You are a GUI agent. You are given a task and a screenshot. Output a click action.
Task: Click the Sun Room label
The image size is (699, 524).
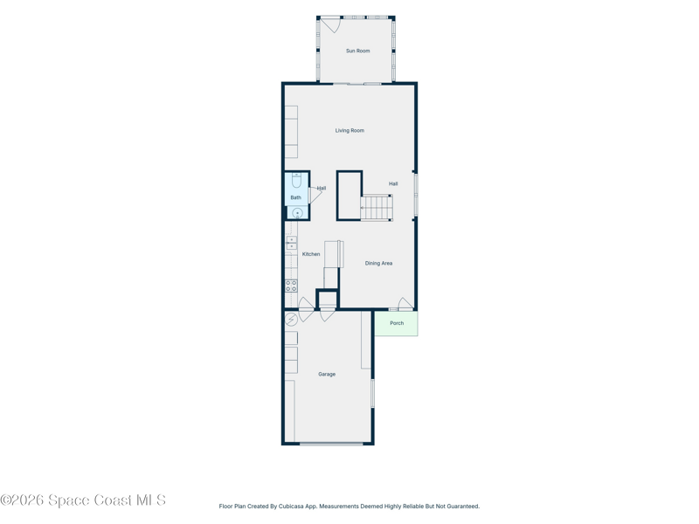tap(357, 51)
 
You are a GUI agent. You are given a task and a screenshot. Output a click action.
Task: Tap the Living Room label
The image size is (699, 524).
tap(349, 130)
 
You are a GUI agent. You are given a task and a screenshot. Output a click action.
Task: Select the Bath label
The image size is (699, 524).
tap(295, 197)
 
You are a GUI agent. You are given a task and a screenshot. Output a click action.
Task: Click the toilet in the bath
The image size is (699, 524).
tap(297, 181)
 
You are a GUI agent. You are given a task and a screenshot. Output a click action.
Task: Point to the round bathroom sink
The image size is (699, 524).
tap(297, 213)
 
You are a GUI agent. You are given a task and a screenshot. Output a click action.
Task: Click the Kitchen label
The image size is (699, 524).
tap(311, 254)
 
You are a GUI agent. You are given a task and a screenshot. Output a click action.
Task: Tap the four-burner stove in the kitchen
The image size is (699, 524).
tap(291, 286)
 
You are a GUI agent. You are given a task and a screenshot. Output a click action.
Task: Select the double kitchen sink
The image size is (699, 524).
tap(291, 244)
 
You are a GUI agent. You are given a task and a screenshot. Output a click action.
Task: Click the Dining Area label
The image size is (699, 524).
tap(378, 264)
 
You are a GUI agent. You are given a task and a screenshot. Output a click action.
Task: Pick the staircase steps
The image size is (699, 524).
tap(377, 208)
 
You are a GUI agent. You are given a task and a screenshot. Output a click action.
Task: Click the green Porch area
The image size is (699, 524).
tap(397, 323)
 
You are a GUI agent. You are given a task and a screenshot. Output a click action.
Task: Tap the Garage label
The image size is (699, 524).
tap(327, 375)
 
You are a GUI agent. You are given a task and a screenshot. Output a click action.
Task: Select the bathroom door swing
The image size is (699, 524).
tap(315, 196)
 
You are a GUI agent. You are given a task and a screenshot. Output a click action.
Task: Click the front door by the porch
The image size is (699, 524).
tap(405, 304)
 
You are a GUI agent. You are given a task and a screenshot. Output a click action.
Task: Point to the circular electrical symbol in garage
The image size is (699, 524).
tap(291, 320)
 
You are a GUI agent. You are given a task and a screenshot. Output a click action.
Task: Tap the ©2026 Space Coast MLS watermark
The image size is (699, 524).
tap(83, 500)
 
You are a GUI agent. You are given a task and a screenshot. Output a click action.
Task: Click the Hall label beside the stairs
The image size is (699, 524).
tap(392, 183)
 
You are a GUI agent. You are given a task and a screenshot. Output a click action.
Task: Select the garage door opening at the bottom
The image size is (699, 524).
tap(331, 444)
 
